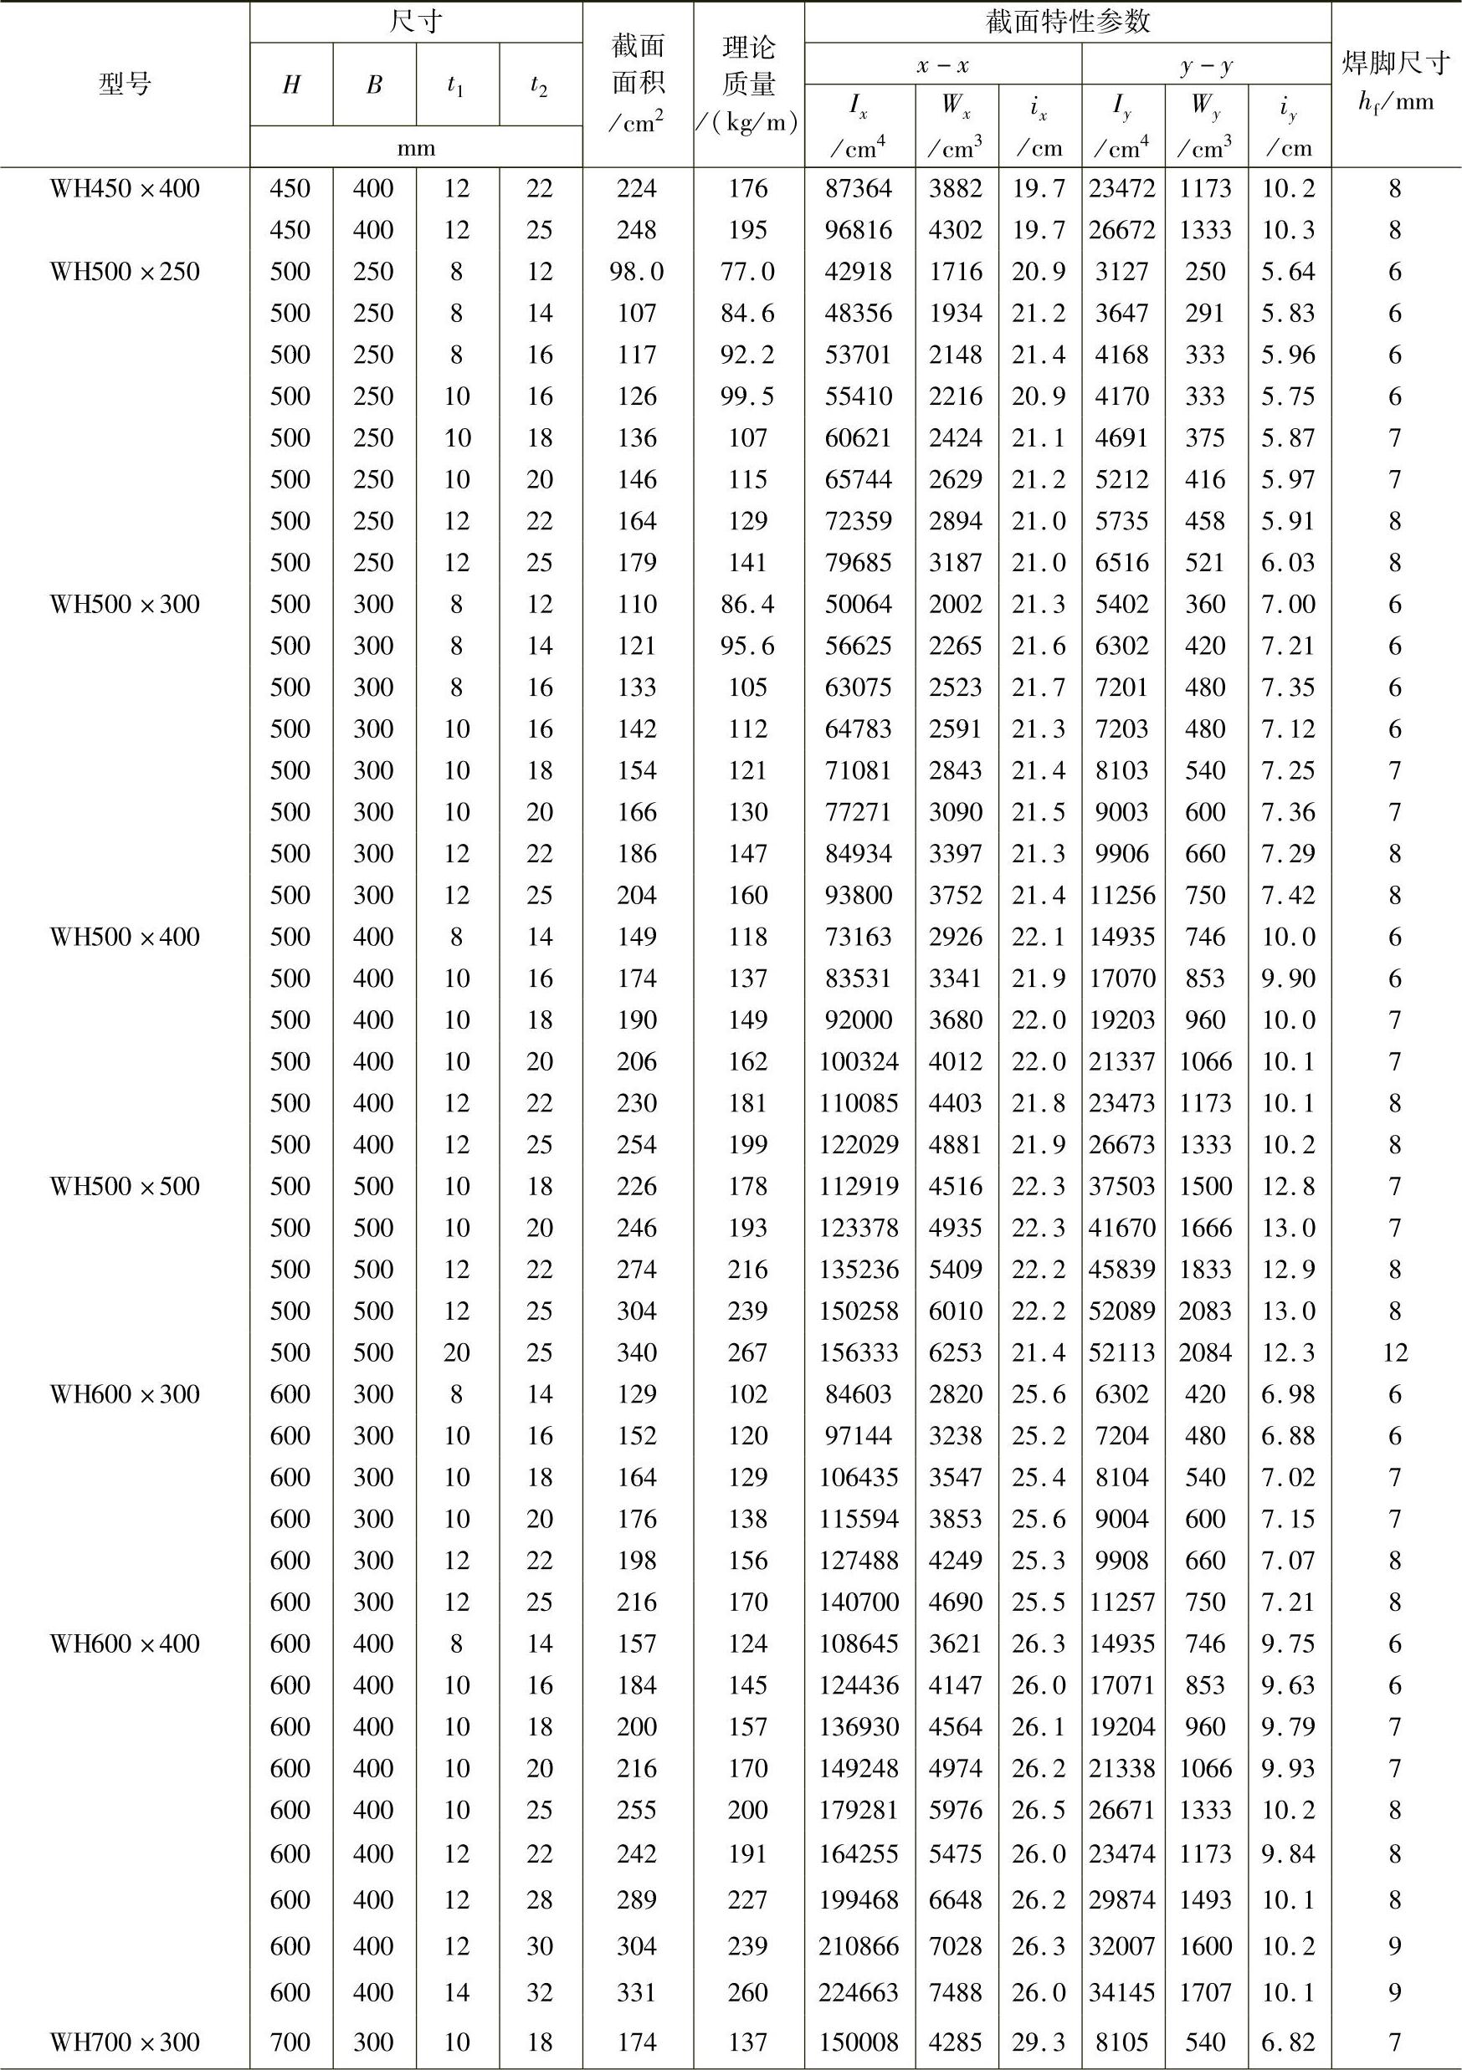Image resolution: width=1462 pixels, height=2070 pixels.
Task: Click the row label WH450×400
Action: click(x=125, y=188)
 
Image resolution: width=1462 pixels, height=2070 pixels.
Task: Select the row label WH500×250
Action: click(x=125, y=271)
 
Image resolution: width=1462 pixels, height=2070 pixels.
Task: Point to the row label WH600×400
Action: click(x=125, y=1643)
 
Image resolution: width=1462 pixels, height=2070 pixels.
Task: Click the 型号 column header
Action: click(x=125, y=84)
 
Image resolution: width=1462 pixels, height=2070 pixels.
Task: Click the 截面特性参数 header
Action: click(x=1068, y=21)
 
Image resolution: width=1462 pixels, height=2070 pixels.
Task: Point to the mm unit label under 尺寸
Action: click(x=416, y=147)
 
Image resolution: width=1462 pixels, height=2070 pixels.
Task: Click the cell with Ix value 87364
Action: click(x=859, y=188)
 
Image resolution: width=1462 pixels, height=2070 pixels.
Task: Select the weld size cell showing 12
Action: click(x=1395, y=1352)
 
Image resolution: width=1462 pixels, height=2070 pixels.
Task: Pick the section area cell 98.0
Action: click(x=637, y=271)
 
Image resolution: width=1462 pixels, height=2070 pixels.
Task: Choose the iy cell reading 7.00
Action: click(x=1289, y=604)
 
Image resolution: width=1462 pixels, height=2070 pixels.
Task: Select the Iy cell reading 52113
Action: click(x=1121, y=1352)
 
